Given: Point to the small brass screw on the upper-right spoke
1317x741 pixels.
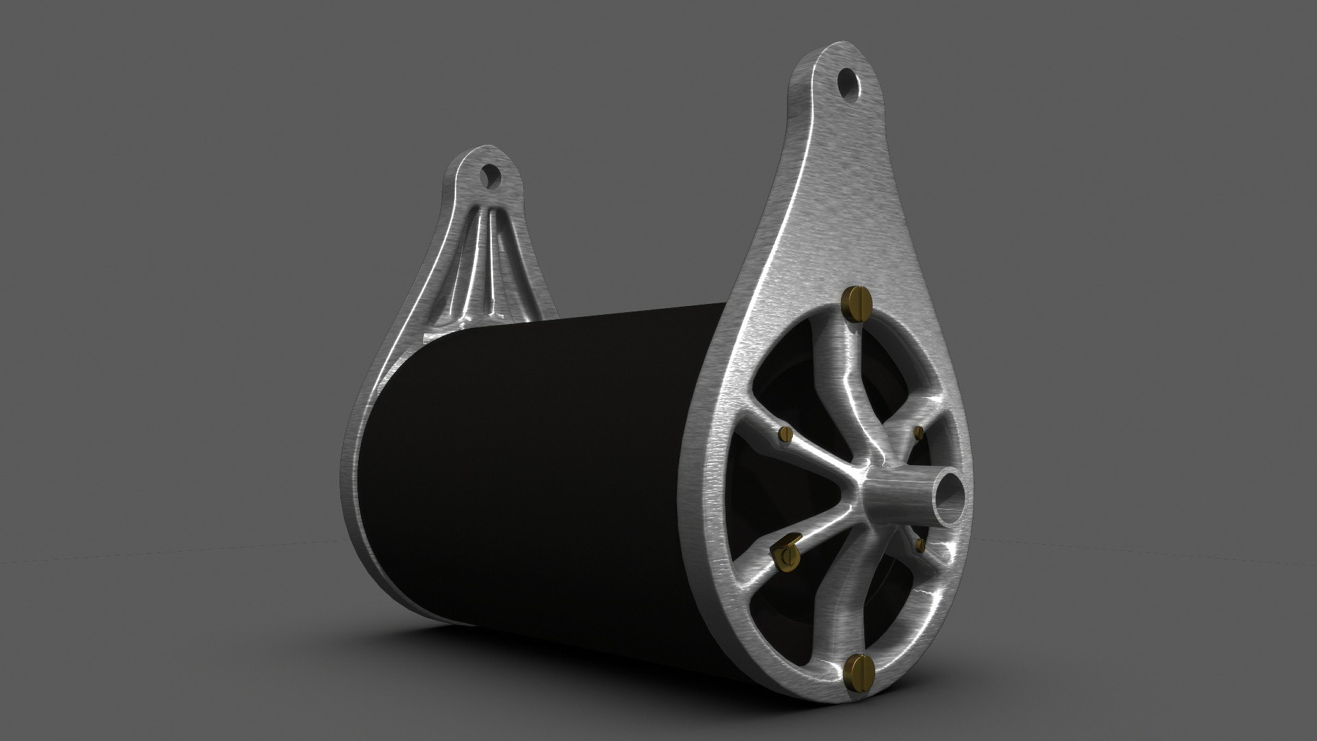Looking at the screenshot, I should point(919,432).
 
